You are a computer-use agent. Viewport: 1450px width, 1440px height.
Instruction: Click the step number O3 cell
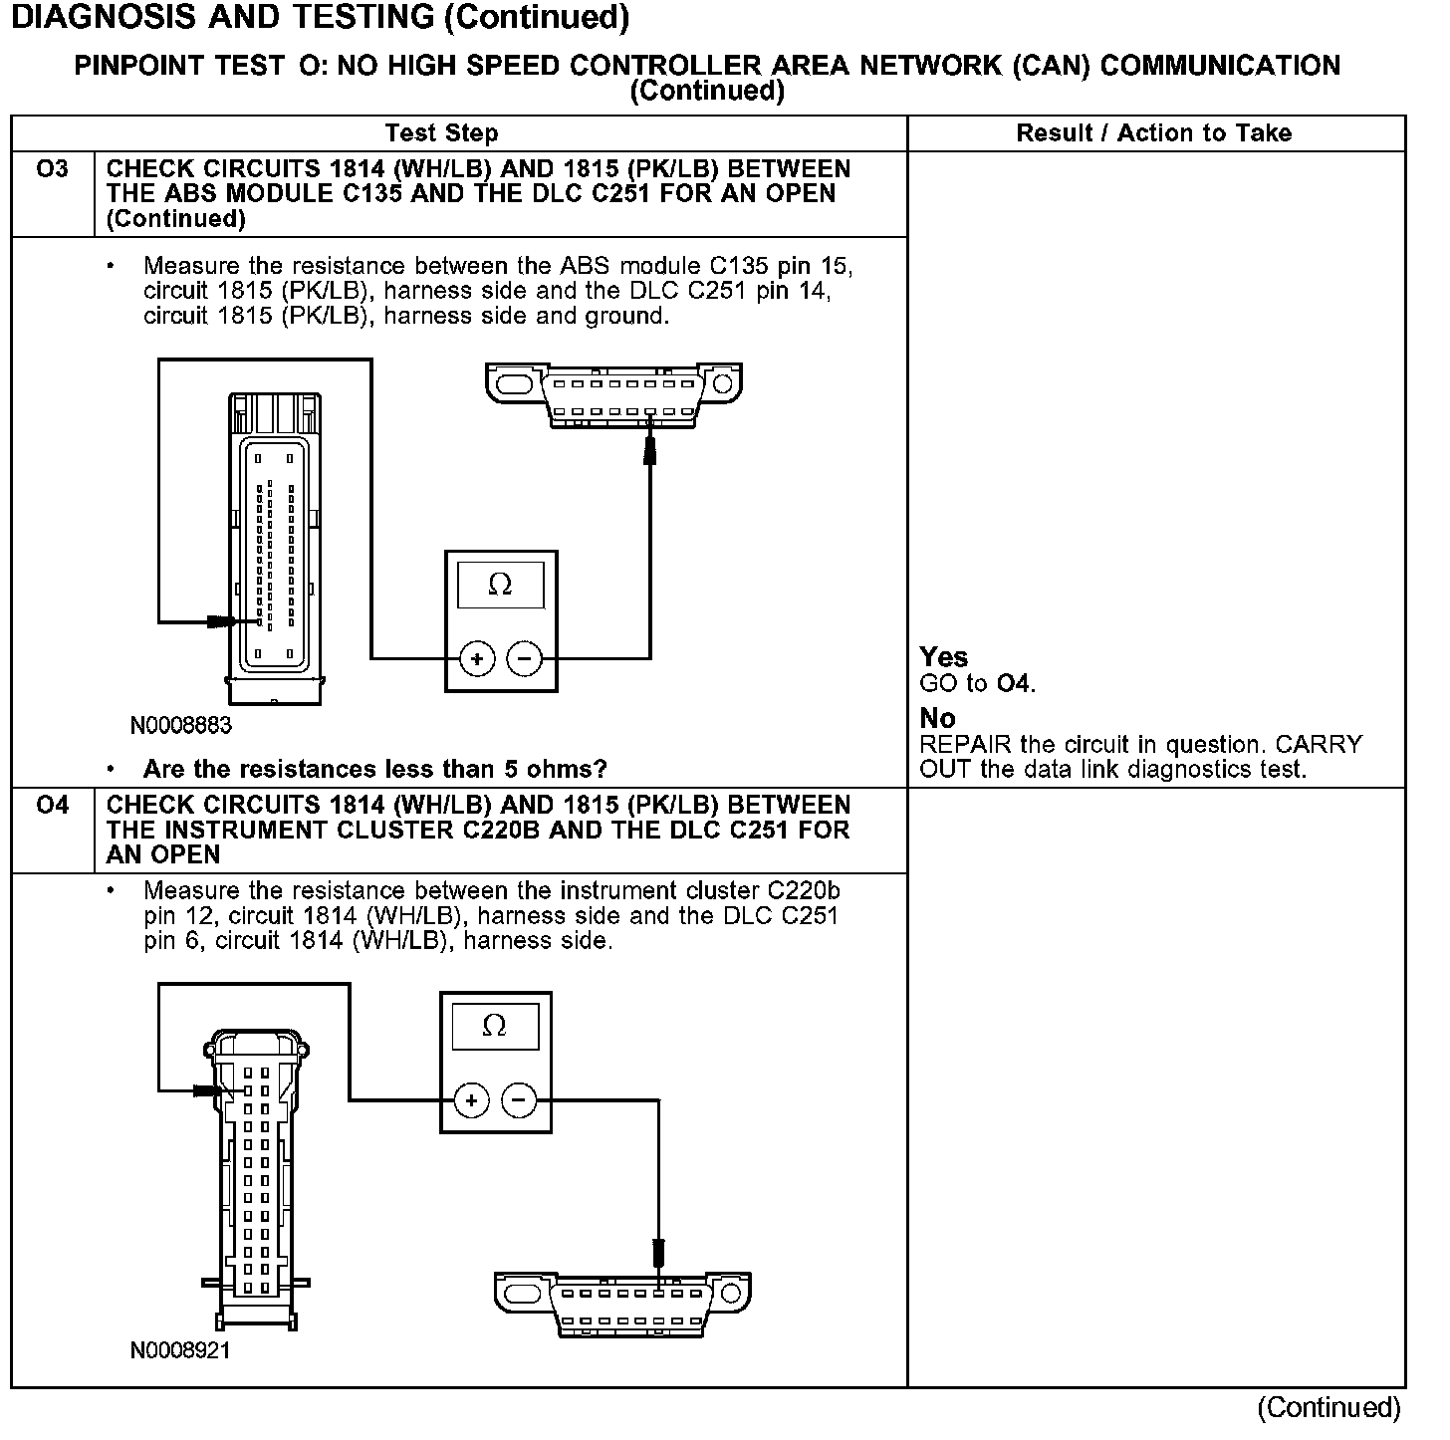coord(52,170)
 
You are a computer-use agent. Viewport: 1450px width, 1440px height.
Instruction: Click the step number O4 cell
coord(52,806)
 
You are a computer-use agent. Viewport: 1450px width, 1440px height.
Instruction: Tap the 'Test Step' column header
coord(441,133)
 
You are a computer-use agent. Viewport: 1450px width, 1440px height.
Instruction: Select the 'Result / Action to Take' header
coord(1154,133)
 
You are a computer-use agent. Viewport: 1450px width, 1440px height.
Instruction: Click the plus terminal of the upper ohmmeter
coord(477,658)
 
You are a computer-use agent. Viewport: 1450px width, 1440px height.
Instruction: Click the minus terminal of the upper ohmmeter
coord(524,658)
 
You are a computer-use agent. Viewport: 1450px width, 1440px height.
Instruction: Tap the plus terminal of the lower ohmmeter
coord(471,1100)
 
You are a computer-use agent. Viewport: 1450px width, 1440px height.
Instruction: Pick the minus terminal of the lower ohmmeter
coord(518,1100)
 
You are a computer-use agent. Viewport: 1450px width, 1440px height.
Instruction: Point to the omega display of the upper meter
coord(500,586)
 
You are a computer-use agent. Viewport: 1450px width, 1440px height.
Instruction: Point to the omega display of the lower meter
coord(494,1026)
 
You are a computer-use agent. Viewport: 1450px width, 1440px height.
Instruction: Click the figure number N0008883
coord(180,725)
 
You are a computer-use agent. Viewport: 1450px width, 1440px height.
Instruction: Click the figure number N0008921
coord(180,1351)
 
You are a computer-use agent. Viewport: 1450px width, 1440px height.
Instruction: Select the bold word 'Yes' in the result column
coord(944,657)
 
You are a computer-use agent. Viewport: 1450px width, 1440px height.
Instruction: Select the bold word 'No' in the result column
coord(937,718)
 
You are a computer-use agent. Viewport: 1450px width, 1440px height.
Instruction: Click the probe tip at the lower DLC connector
coord(658,1254)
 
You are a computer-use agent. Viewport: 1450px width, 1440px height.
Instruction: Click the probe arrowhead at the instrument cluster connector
coord(208,1090)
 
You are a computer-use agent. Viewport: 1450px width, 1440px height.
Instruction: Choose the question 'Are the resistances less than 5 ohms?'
coord(375,769)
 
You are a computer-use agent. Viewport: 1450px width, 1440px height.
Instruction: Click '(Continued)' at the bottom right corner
coord(1329,1407)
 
